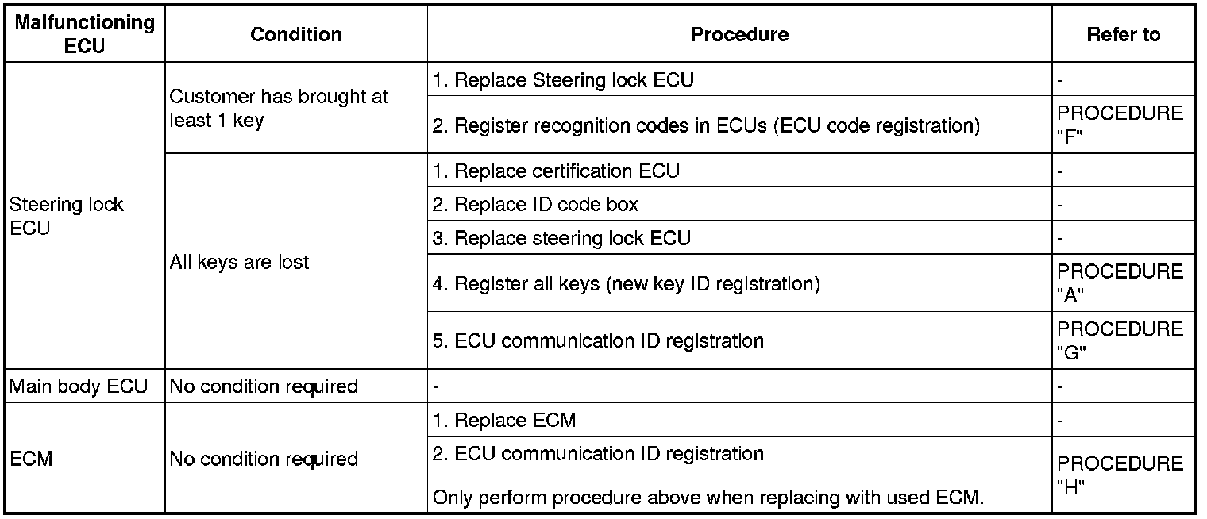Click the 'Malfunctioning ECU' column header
tap(84, 34)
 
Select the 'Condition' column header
tap(296, 35)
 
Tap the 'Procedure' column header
tap(739, 35)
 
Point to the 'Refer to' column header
tap(1123, 35)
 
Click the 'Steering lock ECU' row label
tap(66, 216)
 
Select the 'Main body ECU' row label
tap(78, 386)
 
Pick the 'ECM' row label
tap(31, 459)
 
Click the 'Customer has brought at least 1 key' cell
tap(279, 109)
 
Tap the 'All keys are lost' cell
tap(239, 262)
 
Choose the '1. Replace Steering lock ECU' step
tap(563, 79)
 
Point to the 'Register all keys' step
tap(626, 283)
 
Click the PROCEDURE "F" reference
tap(1120, 125)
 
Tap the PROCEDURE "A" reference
tap(1120, 283)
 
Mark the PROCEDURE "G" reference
tap(1120, 340)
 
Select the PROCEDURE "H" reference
tap(1120, 475)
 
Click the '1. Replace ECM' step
tap(504, 420)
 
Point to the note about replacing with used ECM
tap(708, 498)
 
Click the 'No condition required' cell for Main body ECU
tap(264, 386)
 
